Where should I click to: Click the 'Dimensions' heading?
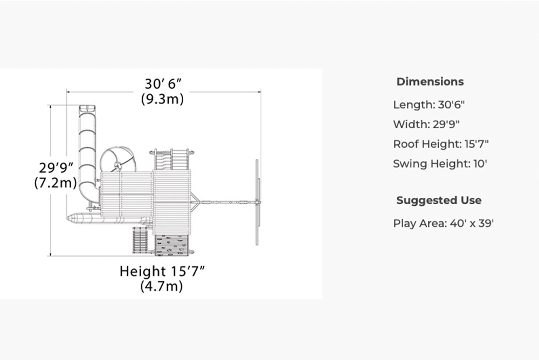click(430, 82)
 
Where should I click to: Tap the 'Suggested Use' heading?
click(439, 200)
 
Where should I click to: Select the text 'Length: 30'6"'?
click(429, 105)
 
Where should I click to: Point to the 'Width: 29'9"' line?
click(426, 124)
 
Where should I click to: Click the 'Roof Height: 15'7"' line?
click(441, 144)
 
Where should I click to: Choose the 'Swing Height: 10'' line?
click(440, 164)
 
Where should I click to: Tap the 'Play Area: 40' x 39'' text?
click(444, 224)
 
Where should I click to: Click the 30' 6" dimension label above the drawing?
click(163, 84)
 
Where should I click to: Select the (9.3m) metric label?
click(162, 99)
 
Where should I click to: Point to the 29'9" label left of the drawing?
click(56, 168)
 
